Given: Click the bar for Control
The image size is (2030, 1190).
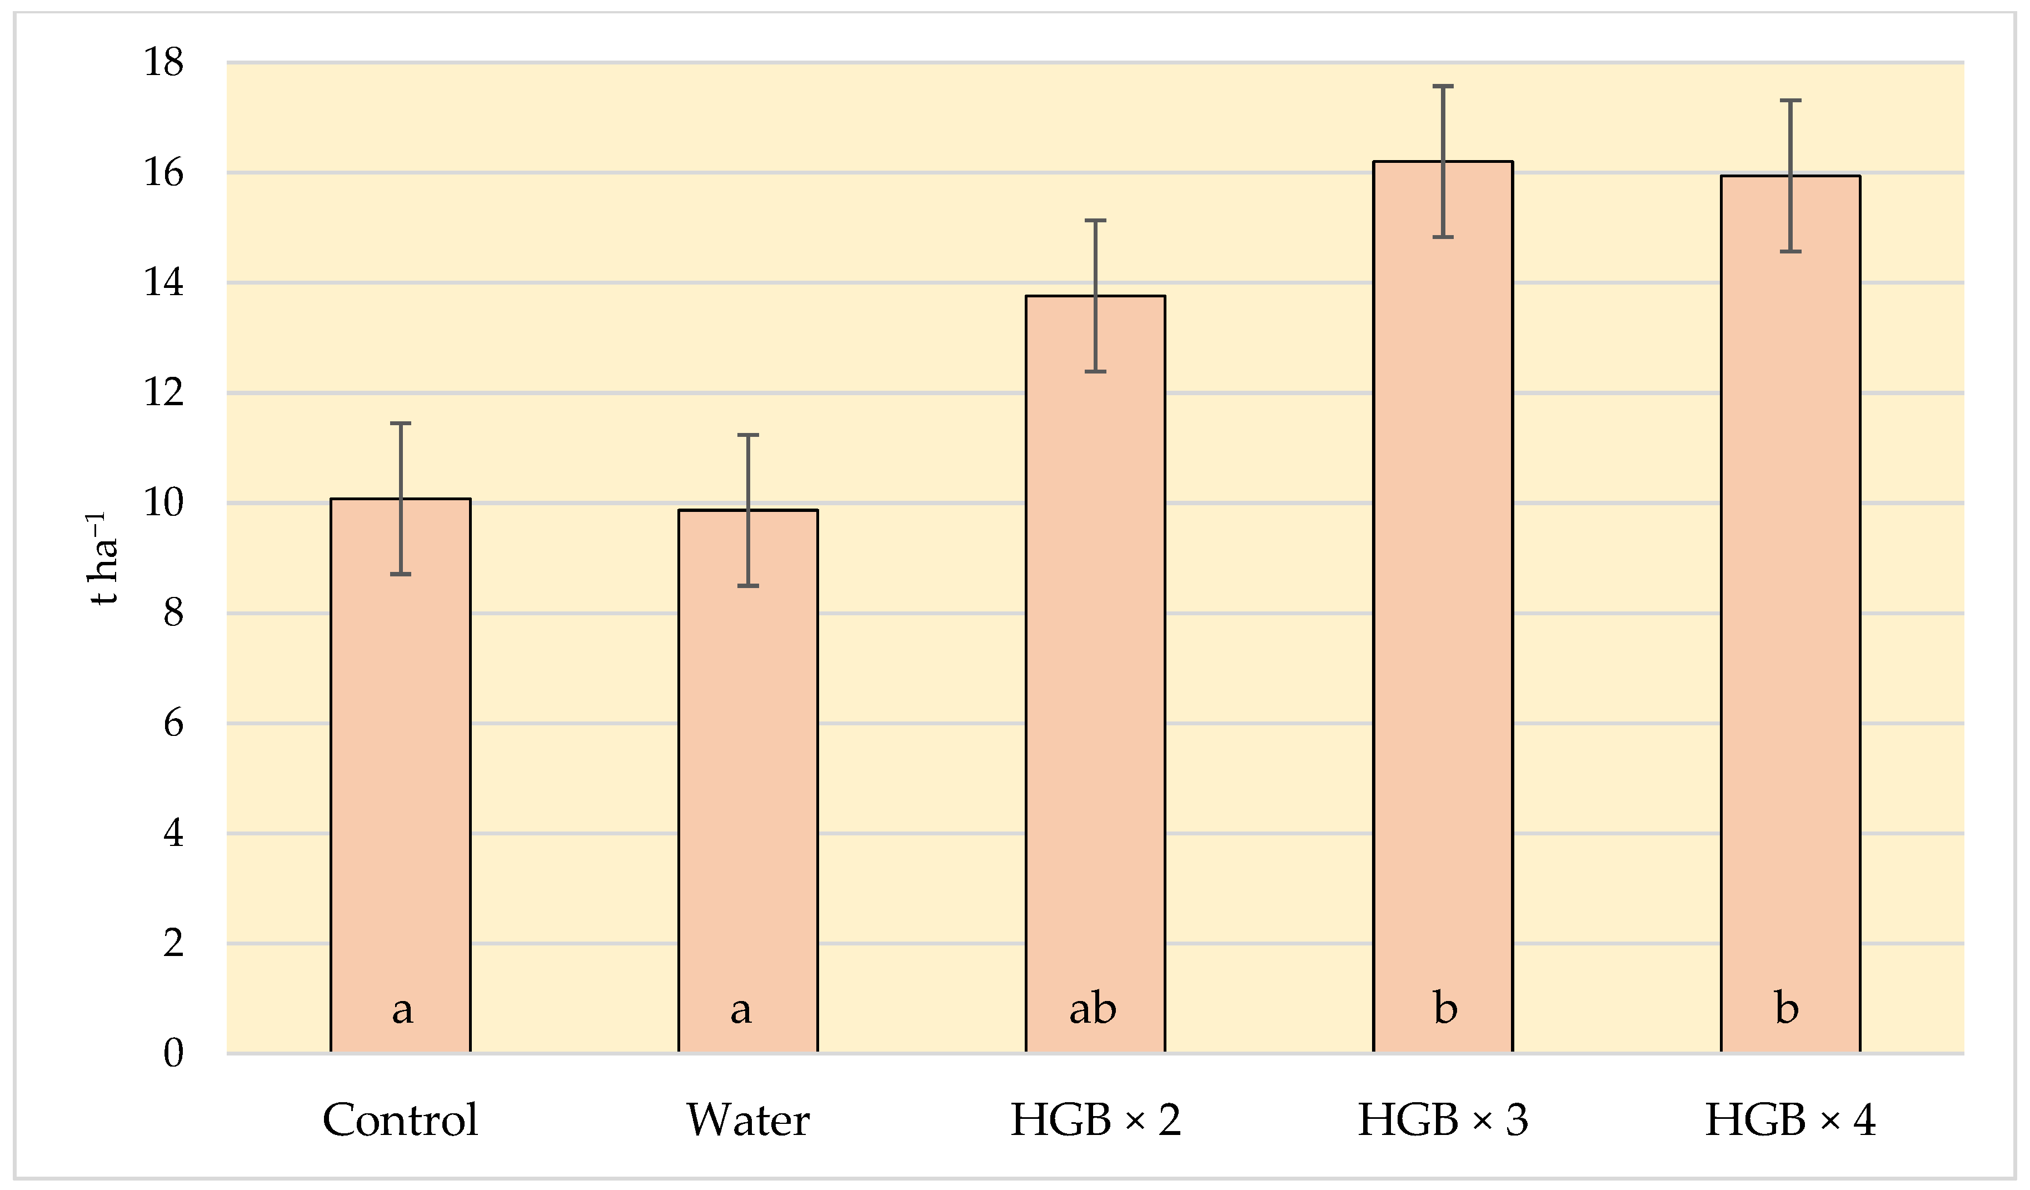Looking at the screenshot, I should point(400,774).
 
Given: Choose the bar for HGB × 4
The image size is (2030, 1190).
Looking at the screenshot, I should point(1790,613).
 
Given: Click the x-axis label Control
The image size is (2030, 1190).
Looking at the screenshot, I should point(400,1120).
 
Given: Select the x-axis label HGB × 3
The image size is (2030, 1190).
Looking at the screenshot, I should point(1443,1120).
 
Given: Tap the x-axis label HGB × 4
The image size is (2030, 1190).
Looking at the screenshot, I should point(1790,1120).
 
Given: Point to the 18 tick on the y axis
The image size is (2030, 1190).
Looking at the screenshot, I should point(163,62).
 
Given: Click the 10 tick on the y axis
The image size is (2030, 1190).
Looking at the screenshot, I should point(163,503).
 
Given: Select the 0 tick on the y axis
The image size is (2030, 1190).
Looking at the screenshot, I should point(173,1053).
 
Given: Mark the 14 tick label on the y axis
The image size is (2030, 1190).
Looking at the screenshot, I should point(163,283).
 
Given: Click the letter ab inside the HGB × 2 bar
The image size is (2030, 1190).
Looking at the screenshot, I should point(1093,1009).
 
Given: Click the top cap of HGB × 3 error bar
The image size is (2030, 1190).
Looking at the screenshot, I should point(1443,86).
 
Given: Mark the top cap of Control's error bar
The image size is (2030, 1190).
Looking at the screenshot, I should point(400,423).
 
